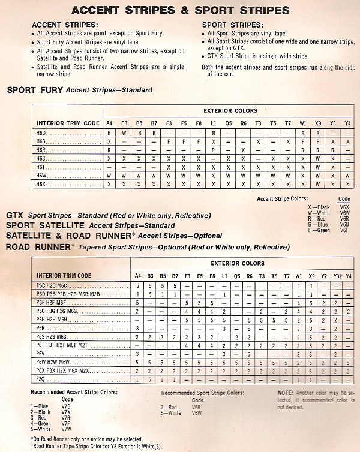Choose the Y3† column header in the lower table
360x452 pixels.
coord(338,276)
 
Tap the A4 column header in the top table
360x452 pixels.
coord(109,123)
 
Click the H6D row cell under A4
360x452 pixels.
coord(109,132)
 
